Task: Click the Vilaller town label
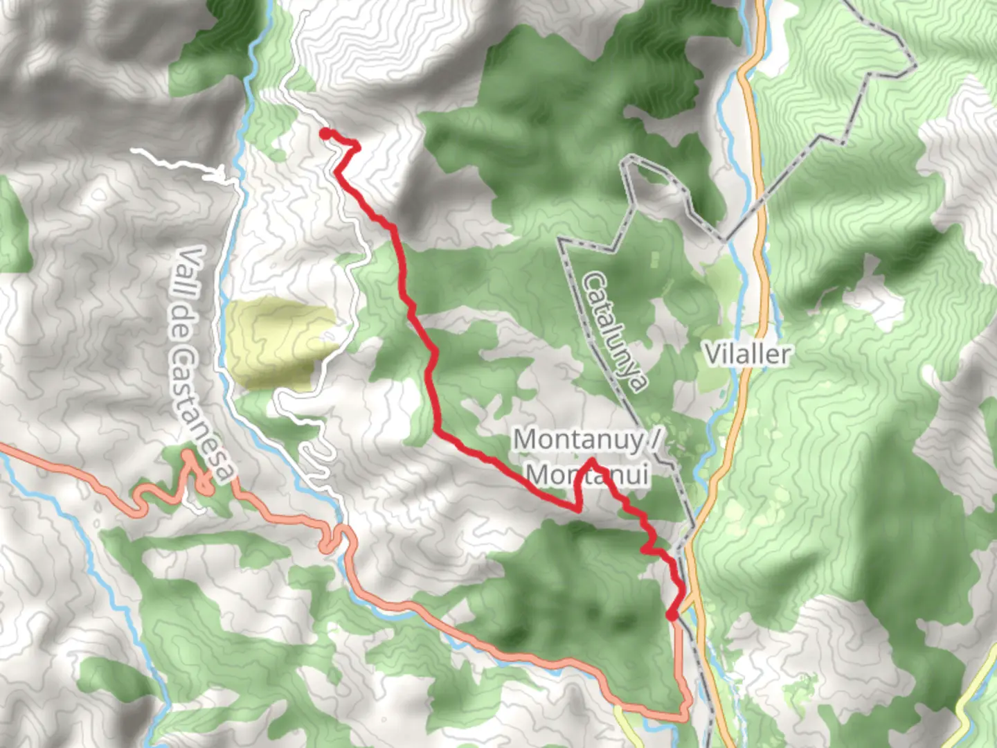(x=748, y=354)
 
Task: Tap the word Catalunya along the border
(x=616, y=331)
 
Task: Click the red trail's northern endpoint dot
(x=325, y=134)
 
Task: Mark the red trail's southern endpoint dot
(x=671, y=614)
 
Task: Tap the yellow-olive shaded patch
(x=277, y=343)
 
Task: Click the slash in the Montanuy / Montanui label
(x=654, y=439)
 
